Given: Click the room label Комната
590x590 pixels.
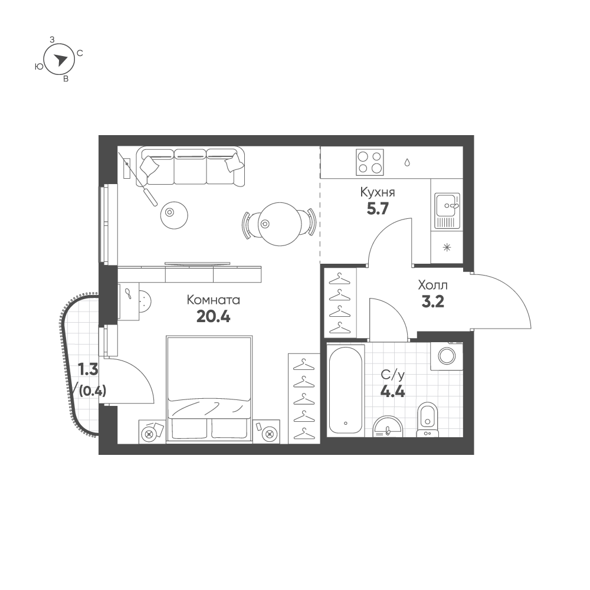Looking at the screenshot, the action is (x=214, y=300).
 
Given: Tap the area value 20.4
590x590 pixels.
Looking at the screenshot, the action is (x=214, y=317).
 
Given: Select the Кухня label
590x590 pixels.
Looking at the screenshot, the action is (x=378, y=192).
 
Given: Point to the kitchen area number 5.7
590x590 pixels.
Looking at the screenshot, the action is (x=378, y=208).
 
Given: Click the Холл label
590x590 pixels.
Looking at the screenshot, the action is (x=432, y=285).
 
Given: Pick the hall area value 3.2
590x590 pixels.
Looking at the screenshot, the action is (x=432, y=301).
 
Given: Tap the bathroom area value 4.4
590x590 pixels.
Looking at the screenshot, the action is (x=392, y=392).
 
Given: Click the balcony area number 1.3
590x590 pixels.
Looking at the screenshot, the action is (x=88, y=369).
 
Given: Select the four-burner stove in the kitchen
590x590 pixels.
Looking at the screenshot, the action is (x=370, y=162).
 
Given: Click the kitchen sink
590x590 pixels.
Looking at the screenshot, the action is (x=447, y=211).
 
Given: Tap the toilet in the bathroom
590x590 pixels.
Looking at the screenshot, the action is (x=428, y=419).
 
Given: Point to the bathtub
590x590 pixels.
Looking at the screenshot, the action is (x=345, y=390).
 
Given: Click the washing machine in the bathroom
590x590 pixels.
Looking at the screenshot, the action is (x=447, y=356).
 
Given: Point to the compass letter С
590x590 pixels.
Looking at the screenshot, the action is (x=80, y=54).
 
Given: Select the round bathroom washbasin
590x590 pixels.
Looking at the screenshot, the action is (x=388, y=427).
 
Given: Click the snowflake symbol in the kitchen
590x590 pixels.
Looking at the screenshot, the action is (x=447, y=247).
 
